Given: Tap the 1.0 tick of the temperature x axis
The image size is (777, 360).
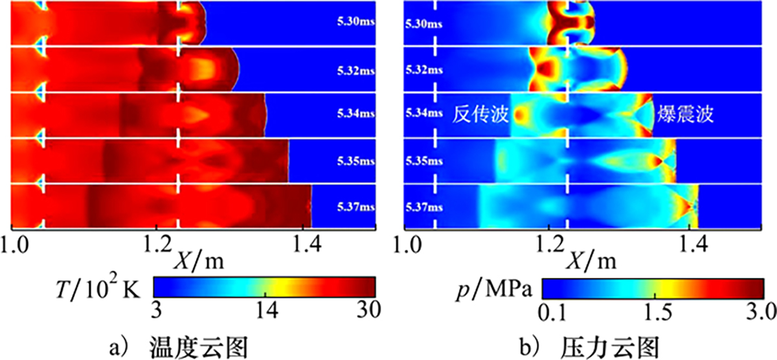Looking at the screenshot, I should pos(13,245).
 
